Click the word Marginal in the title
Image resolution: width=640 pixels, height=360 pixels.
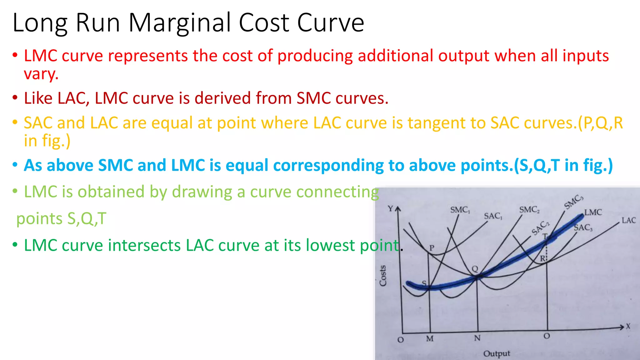181,23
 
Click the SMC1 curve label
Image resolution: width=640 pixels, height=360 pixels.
460,210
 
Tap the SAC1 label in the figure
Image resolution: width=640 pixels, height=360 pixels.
493,216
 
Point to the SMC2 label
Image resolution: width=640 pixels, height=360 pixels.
529,210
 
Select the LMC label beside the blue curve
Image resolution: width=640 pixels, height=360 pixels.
593,212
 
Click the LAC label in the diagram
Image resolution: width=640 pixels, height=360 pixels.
628,220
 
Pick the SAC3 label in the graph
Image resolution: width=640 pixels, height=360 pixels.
583,227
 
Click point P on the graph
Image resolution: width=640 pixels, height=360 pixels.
432,248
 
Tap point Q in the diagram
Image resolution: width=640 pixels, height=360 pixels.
475,269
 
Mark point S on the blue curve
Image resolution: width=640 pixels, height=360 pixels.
424,283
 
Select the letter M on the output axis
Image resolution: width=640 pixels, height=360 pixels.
430,339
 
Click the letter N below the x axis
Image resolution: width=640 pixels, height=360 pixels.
477,338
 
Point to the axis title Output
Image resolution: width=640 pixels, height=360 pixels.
496,354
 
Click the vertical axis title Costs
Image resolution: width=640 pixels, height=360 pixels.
383,275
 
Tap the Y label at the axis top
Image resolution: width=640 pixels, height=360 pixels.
390,208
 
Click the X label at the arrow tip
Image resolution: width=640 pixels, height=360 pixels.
628,327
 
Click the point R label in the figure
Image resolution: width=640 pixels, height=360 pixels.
542,259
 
